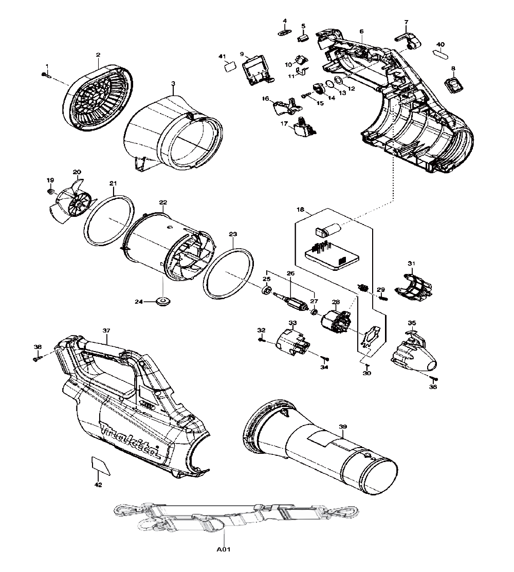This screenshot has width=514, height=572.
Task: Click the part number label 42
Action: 98,485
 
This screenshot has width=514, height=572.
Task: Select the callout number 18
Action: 301,210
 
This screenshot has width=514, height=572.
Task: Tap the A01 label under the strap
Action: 224,550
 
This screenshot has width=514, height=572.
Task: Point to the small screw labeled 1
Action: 45,76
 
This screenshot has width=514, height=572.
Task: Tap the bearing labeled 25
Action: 266,291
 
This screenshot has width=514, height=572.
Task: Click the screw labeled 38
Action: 37,358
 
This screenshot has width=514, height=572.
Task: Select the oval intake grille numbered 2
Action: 98,95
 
